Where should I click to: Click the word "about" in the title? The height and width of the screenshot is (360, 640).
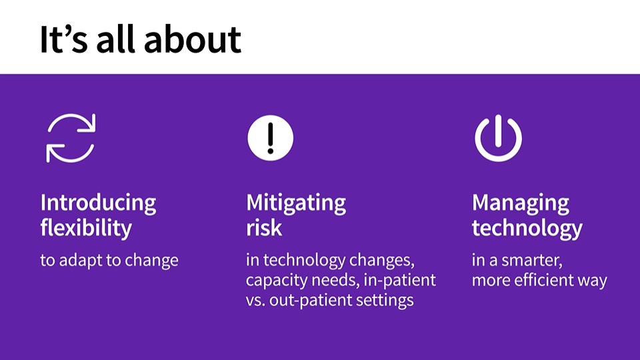[193, 39]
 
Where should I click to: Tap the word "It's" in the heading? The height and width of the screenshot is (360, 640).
[64, 39]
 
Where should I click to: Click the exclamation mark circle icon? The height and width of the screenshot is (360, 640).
[270, 138]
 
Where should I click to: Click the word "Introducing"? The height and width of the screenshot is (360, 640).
[99, 203]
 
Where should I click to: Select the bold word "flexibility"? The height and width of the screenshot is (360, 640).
[86, 228]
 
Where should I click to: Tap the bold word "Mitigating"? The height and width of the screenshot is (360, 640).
[296, 203]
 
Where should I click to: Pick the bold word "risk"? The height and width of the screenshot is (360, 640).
[264, 228]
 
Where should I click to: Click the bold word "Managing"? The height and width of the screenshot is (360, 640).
[521, 203]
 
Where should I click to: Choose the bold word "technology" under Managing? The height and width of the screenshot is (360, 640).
[527, 228]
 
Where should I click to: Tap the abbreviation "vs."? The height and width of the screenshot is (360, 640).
[256, 301]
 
